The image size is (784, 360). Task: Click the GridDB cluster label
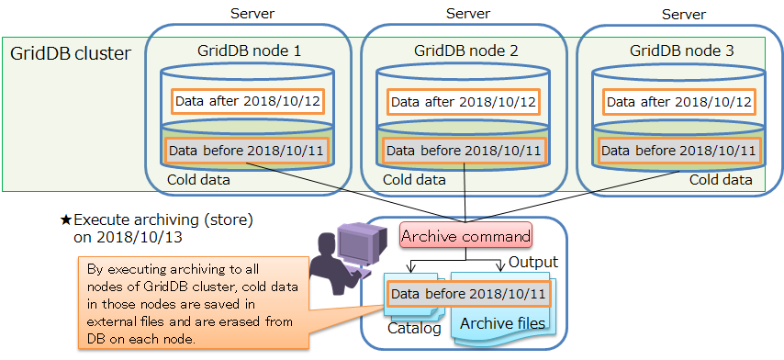tap(71, 53)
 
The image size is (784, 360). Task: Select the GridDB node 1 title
tap(249, 51)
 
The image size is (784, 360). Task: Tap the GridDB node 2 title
tap(465, 51)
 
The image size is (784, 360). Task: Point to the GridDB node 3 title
tap(681, 51)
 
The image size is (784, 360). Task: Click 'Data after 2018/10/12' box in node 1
tap(249, 100)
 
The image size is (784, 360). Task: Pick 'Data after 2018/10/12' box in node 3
tap(680, 100)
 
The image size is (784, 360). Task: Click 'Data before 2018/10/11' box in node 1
tap(248, 150)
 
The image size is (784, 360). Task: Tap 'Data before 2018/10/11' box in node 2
tap(465, 150)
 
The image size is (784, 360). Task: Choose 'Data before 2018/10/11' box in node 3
tap(680, 150)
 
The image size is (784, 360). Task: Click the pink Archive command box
tap(465, 236)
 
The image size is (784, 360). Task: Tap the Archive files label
tap(502, 323)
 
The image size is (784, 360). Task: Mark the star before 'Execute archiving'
tap(65, 220)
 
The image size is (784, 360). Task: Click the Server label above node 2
tap(467, 13)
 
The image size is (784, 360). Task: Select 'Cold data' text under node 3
tap(721, 180)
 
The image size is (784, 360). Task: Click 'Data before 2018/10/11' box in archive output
tap(465, 294)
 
